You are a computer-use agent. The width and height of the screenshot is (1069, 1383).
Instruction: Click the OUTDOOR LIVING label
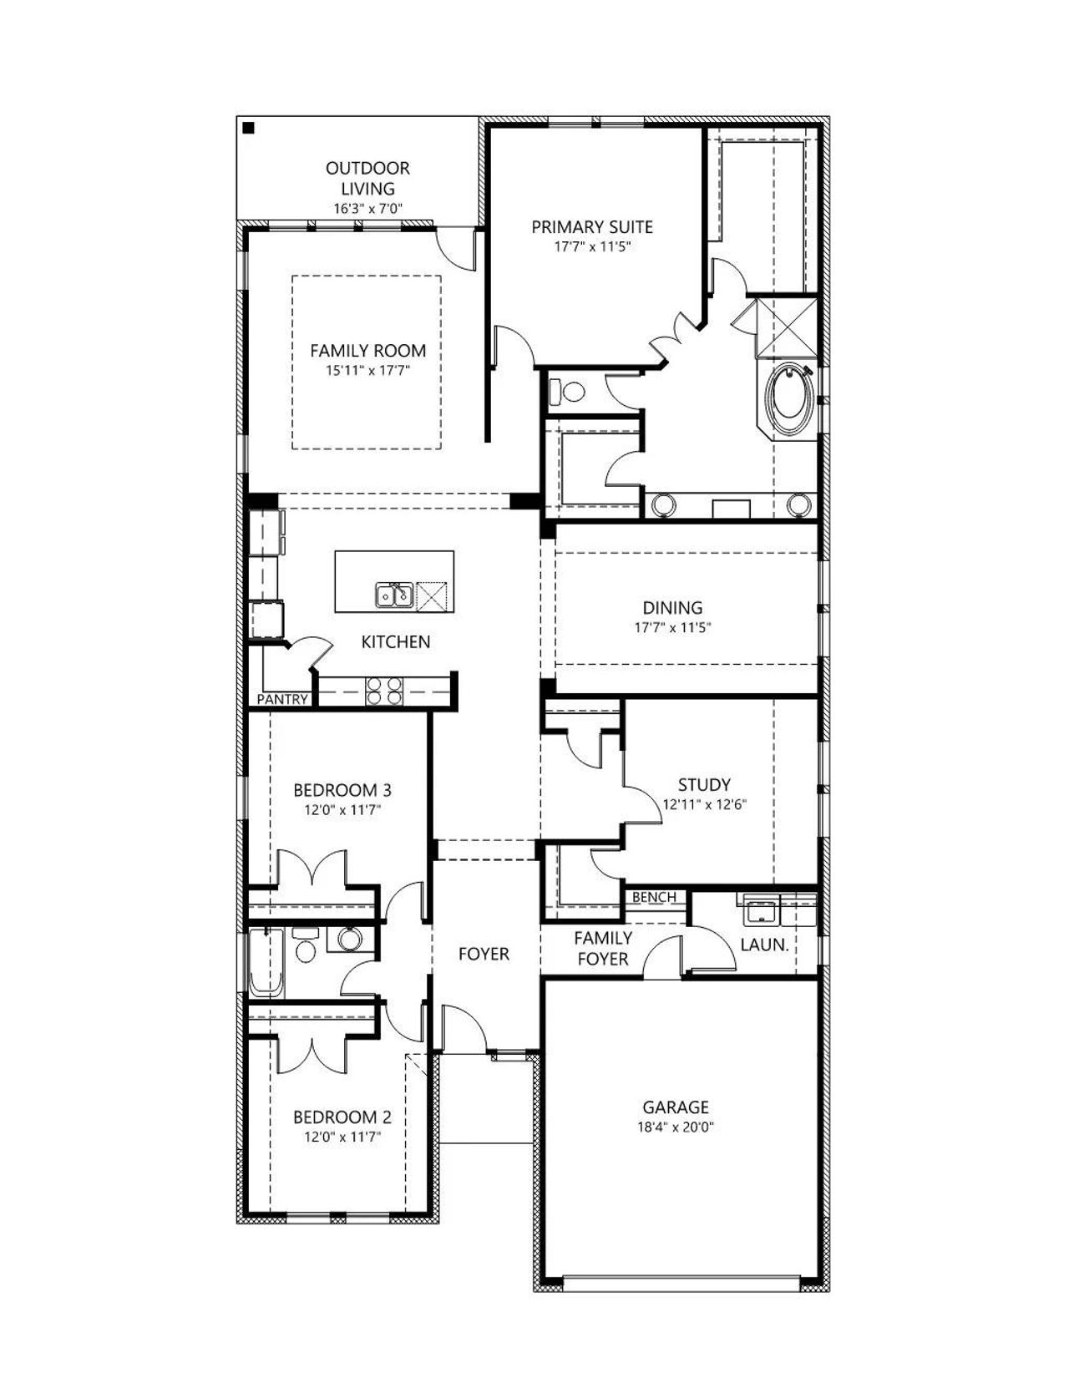pyautogui.click(x=367, y=178)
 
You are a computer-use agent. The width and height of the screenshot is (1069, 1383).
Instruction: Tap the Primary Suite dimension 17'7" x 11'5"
pyautogui.click(x=592, y=246)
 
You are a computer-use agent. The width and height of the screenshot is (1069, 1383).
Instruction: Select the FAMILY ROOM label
pyautogui.click(x=367, y=350)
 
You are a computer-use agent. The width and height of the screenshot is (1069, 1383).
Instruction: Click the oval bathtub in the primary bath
pyautogui.click(x=790, y=399)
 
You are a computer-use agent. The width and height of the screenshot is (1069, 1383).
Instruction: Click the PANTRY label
pyautogui.click(x=282, y=699)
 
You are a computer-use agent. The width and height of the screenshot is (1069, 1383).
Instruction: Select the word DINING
pyautogui.click(x=672, y=607)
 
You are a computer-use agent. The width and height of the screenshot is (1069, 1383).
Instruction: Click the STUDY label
pyautogui.click(x=704, y=785)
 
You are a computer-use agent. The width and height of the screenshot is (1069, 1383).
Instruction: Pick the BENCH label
pyautogui.click(x=654, y=897)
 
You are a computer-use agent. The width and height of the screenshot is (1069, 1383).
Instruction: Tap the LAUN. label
pyautogui.click(x=764, y=945)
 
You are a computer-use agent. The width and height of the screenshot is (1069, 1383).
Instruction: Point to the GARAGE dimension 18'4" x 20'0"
pyautogui.click(x=676, y=1127)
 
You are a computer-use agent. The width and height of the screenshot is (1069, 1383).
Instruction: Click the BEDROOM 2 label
pyautogui.click(x=342, y=1117)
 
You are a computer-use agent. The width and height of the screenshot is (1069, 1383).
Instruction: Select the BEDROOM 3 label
pyautogui.click(x=342, y=790)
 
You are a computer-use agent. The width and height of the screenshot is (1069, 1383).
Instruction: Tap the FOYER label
pyautogui.click(x=484, y=954)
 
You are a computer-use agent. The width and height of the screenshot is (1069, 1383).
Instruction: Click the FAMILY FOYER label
pyautogui.click(x=603, y=948)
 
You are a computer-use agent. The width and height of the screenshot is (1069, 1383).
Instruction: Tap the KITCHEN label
pyautogui.click(x=396, y=641)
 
